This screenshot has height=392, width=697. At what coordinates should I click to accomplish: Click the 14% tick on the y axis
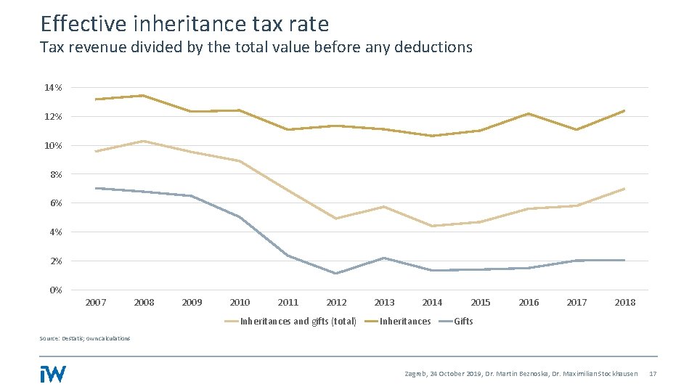[53, 88]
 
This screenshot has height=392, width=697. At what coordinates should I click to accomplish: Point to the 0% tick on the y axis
[55, 290]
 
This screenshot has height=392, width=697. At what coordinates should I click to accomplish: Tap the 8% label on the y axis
[55, 175]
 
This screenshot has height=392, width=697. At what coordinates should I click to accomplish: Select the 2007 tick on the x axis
[96, 303]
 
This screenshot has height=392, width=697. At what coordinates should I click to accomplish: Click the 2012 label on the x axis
[336, 303]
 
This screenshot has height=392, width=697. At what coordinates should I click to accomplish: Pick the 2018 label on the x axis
[624, 303]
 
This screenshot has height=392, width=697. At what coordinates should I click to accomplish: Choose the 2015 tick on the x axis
[480, 303]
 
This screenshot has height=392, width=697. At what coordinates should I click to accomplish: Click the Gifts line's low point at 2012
[336, 274]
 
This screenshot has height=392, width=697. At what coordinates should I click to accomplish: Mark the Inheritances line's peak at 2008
[144, 96]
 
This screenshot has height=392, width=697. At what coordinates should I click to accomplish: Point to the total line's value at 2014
[432, 226]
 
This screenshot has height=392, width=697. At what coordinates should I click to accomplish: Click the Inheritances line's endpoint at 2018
[624, 110]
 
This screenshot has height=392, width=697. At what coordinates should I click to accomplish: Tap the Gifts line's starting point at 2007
[96, 188]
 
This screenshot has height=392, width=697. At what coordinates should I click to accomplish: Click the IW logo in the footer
[53, 373]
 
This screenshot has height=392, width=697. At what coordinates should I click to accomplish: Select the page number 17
[652, 374]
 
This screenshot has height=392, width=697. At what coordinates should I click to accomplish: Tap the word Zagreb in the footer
[415, 374]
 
